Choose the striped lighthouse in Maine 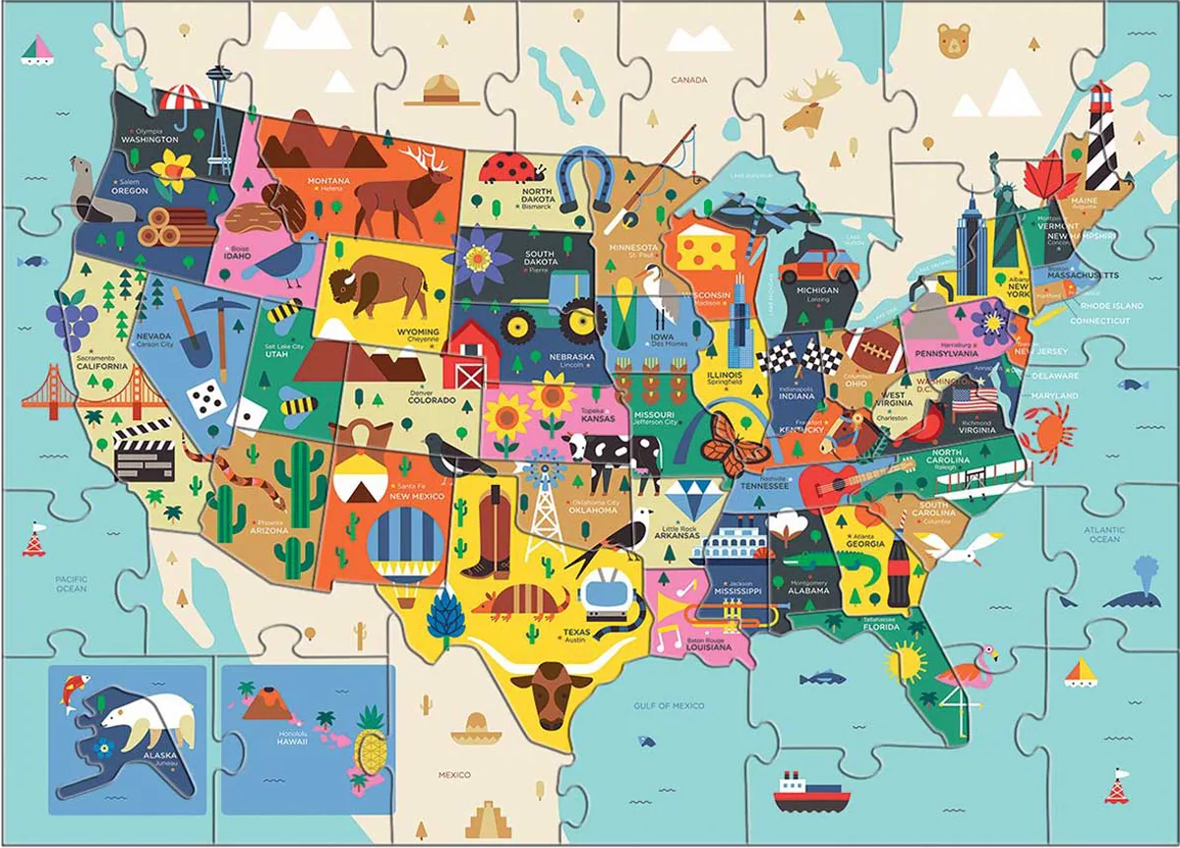point(1100,138)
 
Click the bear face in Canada point(952,41)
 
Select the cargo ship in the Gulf point(809,792)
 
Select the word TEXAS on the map point(575,633)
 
